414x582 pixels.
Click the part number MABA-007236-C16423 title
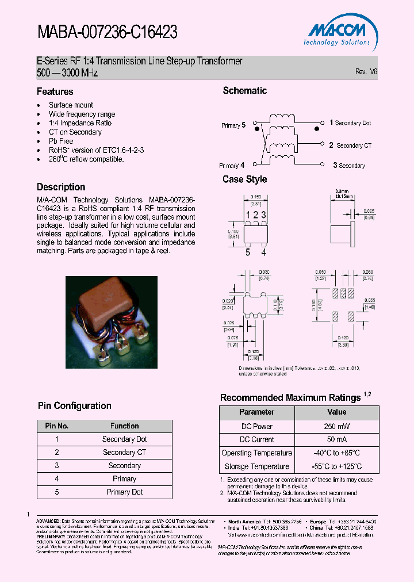107,33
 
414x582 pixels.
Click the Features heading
55,91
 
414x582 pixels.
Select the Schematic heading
244,90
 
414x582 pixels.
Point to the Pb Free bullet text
61,141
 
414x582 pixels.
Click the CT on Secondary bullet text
75,132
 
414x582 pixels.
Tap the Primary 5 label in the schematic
233,125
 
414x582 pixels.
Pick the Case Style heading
244,179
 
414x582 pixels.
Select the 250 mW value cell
336,426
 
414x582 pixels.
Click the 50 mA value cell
336,439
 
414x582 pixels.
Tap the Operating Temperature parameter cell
256,453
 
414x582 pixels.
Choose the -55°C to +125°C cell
336,466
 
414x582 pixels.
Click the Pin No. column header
56,426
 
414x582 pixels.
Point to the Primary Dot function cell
124,492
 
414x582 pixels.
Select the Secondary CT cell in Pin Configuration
124,453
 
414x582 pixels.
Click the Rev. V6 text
366,72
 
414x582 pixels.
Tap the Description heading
61,187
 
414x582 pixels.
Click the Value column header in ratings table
336,412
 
